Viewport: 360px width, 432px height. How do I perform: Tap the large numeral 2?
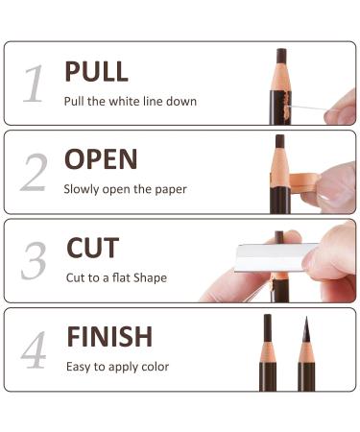click(x=34, y=174)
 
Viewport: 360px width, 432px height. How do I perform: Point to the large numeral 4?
click(x=34, y=350)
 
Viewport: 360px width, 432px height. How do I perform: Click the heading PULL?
click(x=96, y=72)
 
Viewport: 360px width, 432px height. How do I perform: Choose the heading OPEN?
click(x=101, y=159)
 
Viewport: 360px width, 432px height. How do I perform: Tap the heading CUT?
click(x=92, y=249)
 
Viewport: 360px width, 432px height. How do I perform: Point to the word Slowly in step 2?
click(x=82, y=189)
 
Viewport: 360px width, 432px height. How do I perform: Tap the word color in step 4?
click(x=154, y=366)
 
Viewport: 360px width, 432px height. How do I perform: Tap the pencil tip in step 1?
click(x=280, y=56)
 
